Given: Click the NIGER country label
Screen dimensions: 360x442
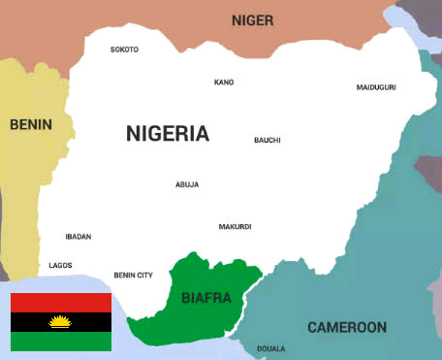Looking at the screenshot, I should (x=252, y=19).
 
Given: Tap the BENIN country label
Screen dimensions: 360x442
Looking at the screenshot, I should (x=30, y=124).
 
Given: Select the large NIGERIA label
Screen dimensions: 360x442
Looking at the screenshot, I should (x=167, y=134).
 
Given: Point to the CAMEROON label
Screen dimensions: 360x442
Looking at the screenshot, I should (x=346, y=327).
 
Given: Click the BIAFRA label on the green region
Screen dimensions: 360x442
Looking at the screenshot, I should (x=206, y=298).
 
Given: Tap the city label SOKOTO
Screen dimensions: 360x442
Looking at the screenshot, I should (x=124, y=49).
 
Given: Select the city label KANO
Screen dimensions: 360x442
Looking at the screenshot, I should (x=224, y=82).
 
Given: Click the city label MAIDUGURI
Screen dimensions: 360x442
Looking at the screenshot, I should (x=376, y=87).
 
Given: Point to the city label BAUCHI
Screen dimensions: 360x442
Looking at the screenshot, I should (x=268, y=140).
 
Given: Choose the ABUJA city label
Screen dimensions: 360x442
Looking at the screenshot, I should (x=187, y=184).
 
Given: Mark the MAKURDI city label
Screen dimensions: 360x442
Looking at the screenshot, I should (x=235, y=227).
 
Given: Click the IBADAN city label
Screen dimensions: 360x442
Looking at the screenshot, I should (x=79, y=236).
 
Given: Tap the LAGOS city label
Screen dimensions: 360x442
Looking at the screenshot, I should (x=60, y=265).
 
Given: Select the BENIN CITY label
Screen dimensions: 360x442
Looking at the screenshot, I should (x=133, y=275).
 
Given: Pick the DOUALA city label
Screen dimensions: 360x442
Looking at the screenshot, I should (x=271, y=348).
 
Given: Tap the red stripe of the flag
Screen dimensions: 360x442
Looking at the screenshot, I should (x=61, y=302).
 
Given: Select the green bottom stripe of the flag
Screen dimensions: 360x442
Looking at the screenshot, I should (x=61, y=341).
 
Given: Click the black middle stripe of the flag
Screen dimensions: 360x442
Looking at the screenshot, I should (x=29, y=321).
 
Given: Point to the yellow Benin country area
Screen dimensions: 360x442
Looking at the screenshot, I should (x=24, y=194).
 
